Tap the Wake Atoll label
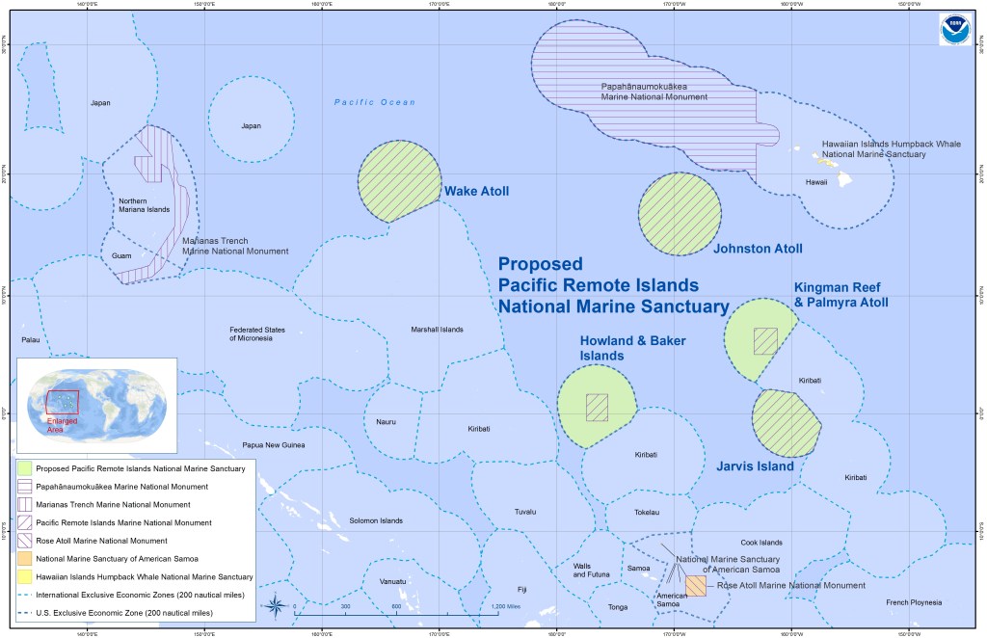(x=476, y=191)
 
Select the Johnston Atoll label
(x=758, y=249)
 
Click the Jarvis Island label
(x=755, y=466)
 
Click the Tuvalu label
(x=525, y=511)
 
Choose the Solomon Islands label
(x=376, y=520)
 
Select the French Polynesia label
(x=912, y=602)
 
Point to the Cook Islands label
(x=761, y=543)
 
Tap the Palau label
(x=31, y=340)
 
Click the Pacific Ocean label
(x=375, y=102)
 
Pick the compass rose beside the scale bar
(x=276, y=606)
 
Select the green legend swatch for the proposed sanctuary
(x=23, y=468)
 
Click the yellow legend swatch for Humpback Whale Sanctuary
(x=23, y=576)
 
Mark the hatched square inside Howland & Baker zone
(x=598, y=407)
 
